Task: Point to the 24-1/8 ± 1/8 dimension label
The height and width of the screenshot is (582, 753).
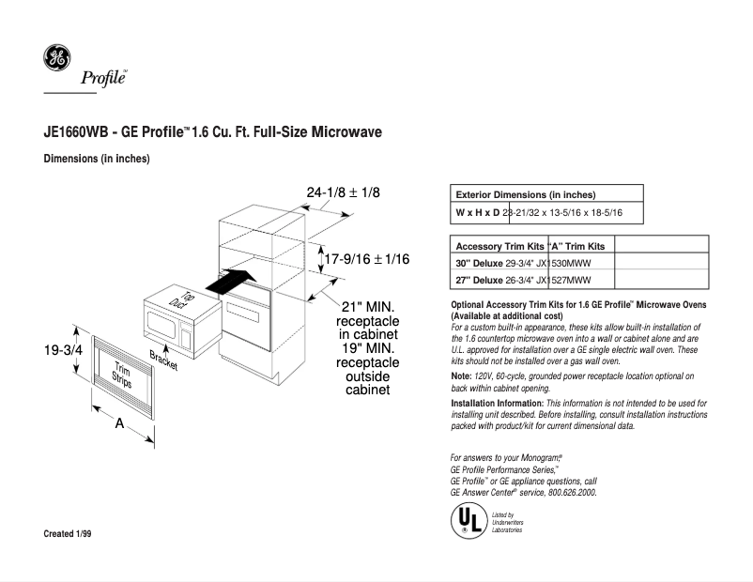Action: (343, 191)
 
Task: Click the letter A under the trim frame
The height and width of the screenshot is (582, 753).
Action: (119, 424)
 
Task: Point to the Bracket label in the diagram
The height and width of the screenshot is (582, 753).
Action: (163, 360)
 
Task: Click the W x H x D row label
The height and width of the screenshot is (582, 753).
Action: (478, 213)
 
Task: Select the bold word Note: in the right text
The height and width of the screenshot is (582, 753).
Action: (461, 375)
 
